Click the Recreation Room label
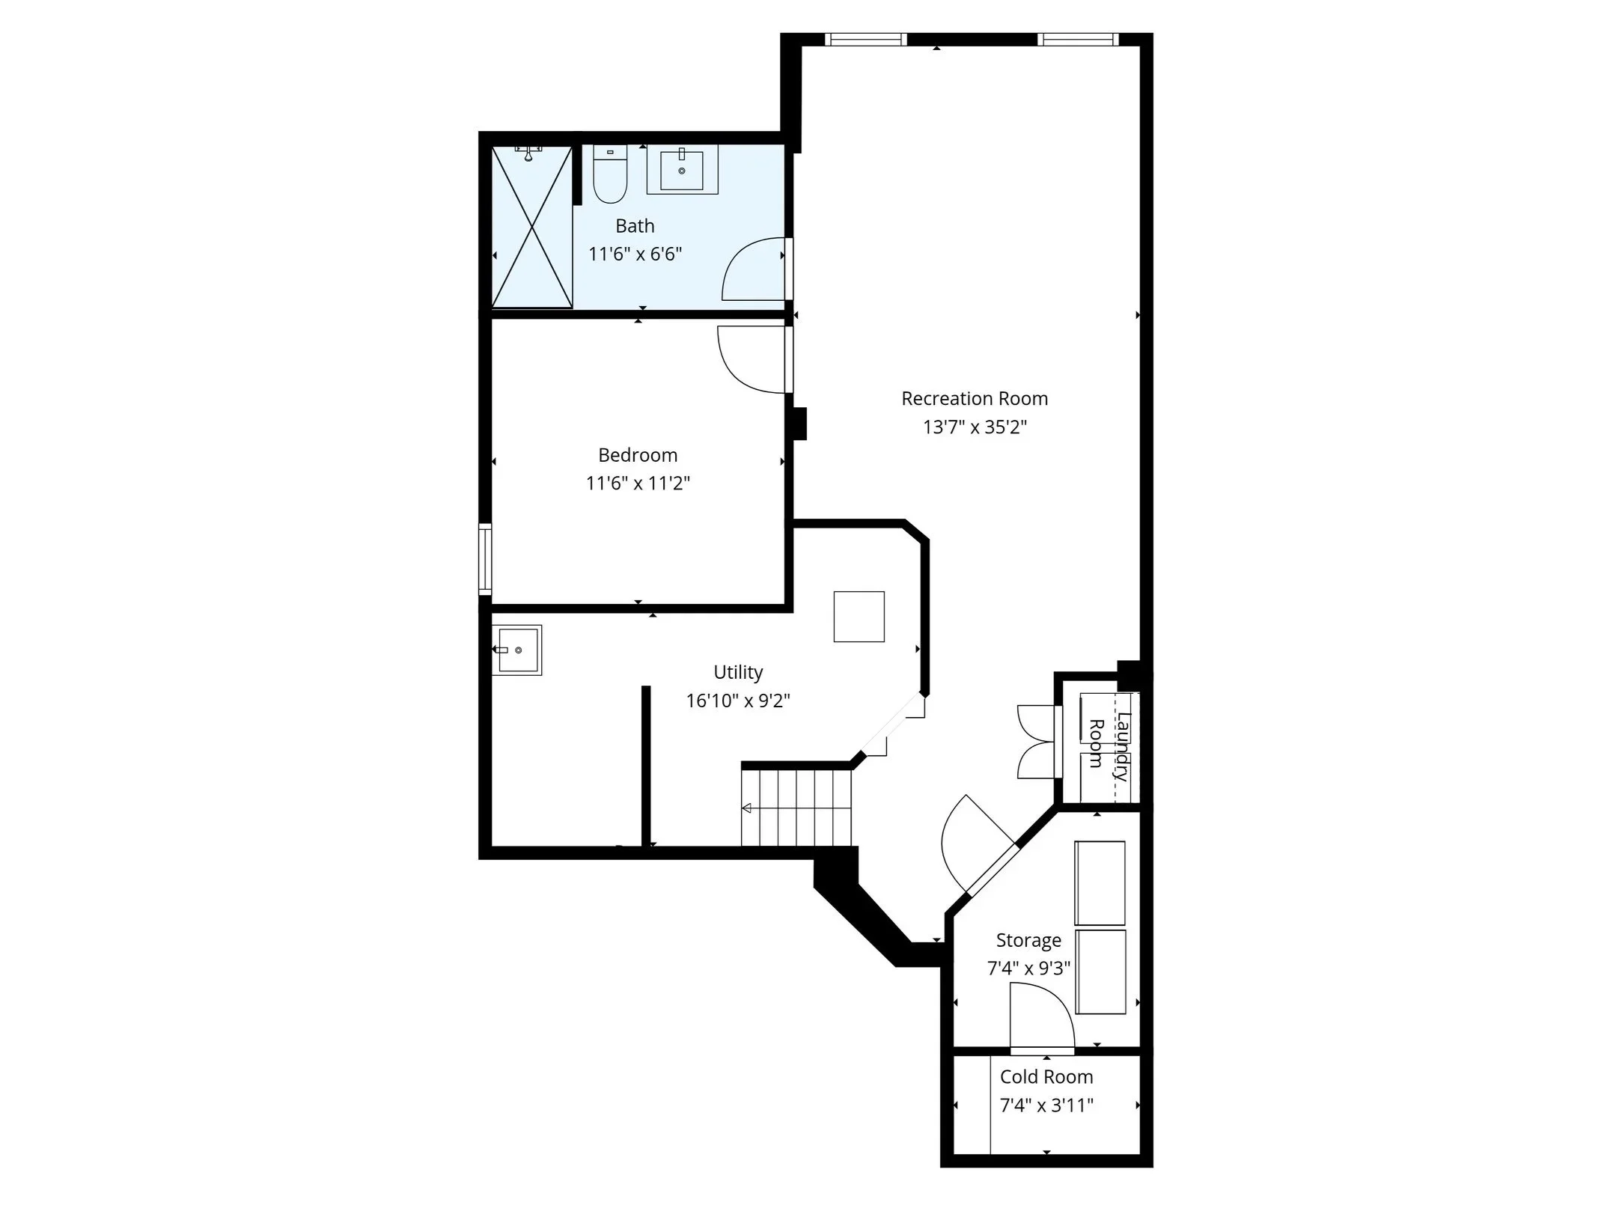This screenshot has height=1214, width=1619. pos(974,399)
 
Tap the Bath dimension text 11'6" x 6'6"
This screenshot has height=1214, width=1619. pos(635,254)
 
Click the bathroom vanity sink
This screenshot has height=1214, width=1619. pos(682,169)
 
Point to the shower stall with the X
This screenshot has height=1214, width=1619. pos(531,227)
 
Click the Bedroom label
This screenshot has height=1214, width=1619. pos(638,455)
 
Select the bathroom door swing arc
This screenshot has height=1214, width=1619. pos(752,269)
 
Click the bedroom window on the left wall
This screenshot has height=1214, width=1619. pos(485,559)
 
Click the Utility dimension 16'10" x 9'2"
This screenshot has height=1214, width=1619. pos(738,701)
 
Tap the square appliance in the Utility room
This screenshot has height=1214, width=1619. pos(859,617)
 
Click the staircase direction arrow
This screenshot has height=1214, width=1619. pos(747,808)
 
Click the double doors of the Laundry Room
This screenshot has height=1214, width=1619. pos(1036,742)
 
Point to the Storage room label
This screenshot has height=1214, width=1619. pos(1028,940)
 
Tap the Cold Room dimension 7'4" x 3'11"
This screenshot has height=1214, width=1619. pos(1046,1105)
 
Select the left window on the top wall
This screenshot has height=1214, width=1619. pos(865,40)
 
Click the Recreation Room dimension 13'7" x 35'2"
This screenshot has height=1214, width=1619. pos(974,427)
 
